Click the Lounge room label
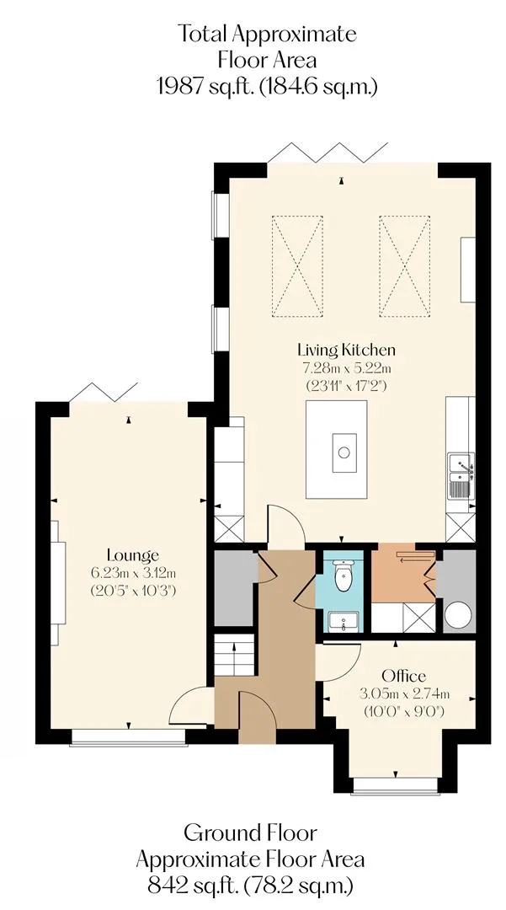(133, 554)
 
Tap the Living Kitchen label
(347, 350)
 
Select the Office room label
(403, 676)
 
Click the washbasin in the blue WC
(344, 622)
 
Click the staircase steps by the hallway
(235, 655)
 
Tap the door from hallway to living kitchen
(285, 523)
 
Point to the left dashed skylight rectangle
(297, 266)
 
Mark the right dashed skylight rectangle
(405, 266)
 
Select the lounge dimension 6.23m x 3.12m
(133, 574)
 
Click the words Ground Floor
(250, 832)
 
